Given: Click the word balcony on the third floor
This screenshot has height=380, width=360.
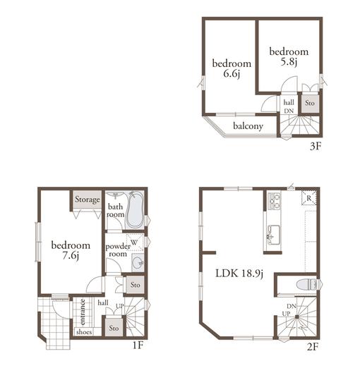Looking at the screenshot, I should point(248,126).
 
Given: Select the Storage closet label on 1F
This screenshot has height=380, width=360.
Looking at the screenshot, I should point(87,199).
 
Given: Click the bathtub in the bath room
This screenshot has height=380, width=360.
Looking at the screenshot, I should point(135,212).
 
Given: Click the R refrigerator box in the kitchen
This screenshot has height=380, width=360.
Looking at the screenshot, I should point(308,199).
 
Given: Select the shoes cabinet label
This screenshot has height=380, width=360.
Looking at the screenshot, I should point(84,331).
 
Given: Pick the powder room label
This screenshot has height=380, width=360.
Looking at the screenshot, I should point(117,250).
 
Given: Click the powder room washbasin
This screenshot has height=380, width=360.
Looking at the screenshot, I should point(137,263).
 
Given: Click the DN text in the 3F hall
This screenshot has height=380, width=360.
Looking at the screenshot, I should point(289,111).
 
